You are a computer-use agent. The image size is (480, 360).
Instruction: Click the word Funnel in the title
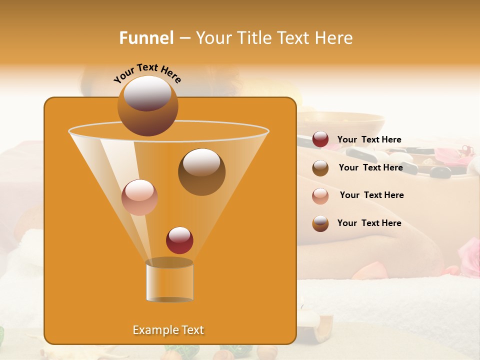pos(146,38)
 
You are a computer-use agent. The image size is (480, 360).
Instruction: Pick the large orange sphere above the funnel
pos(147,106)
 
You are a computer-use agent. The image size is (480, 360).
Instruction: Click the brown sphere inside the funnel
pos(201,171)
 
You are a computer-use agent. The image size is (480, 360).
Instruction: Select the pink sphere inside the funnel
pos(139,197)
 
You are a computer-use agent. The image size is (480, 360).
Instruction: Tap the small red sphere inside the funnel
pos(179,240)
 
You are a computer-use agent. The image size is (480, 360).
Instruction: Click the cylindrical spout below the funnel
pos(169,281)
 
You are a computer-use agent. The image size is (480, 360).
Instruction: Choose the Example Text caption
pos(168,330)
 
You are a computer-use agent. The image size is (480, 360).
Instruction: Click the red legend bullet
pos(320,139)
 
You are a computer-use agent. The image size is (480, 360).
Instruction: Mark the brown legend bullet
pos(320,168)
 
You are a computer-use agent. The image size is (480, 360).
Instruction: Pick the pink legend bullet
pos(320,196)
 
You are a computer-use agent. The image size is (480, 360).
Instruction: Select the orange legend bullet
pos(320,223)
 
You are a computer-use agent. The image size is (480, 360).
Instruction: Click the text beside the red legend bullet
pos(369,139)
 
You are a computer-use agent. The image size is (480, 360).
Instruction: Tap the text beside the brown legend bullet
pos(370,167)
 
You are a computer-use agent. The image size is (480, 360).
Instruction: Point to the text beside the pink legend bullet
pos(371,195)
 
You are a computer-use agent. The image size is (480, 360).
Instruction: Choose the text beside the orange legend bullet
pos(369,223)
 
